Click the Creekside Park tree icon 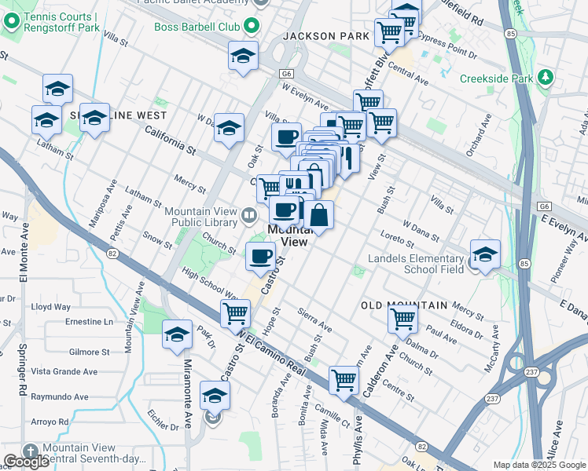coord(544,78)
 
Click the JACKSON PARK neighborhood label coord(325,36)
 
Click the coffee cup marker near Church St coord(260,255)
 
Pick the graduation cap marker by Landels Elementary coord(485,254)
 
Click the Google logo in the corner coord(26,462)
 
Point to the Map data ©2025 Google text coord(539,465)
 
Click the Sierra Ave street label coord(315,320)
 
